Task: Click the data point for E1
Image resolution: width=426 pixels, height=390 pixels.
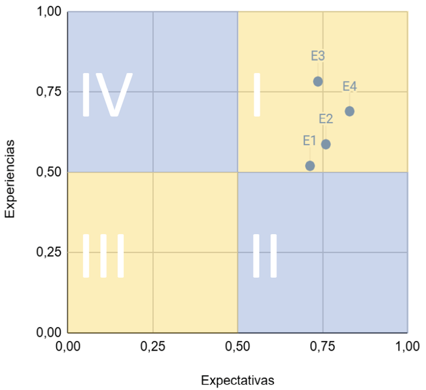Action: (x=310, y=165)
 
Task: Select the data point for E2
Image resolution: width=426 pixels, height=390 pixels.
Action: (x=326, y=144)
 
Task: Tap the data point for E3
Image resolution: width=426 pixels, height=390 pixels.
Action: (x=318, y=81)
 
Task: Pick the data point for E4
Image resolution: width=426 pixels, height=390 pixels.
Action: (x=349, y=111)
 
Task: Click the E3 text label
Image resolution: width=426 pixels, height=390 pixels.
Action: (x=318, y=56)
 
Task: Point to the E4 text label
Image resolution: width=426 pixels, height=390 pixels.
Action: (x=350, y=86)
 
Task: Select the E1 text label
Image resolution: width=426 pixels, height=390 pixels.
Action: (x=310, y=141)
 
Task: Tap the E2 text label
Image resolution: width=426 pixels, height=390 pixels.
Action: (x=326, y=119)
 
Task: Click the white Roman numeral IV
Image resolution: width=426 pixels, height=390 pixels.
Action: (x=107, y=95)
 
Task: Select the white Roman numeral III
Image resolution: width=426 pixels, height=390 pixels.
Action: (x=103, y=256)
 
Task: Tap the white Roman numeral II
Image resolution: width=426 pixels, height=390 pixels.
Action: (x=265, y=256)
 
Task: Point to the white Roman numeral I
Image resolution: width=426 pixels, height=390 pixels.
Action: (x=257, y=95)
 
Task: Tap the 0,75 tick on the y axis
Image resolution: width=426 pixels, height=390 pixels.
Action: (x=50, y=92)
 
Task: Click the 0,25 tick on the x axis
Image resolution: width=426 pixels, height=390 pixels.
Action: (x=153, y=346)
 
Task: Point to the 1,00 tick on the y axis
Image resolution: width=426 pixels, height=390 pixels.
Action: (x=50, y=12)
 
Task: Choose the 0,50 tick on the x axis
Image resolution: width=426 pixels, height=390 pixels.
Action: (x=238, y=346)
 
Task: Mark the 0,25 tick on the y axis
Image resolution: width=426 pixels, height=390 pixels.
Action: (x=50, y=252)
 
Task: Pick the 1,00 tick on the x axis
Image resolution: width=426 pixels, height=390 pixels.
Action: (x=407, y=346)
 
